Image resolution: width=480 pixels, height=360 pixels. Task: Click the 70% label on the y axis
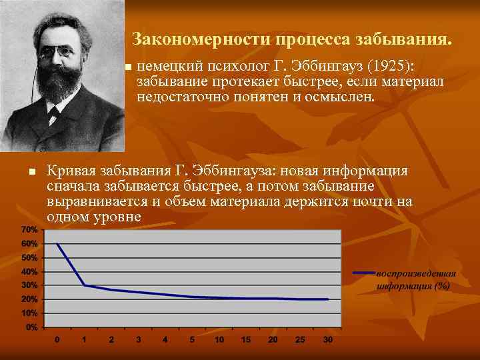coord(29,229)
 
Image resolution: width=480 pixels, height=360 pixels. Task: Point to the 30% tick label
coord(29,285)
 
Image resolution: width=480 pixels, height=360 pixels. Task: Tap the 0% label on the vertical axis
coord(31,328)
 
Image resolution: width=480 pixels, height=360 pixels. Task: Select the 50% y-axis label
coord(29,257)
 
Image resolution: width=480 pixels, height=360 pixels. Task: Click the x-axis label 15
coord(245,340)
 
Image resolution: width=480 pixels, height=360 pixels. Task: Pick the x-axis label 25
coord(299,340)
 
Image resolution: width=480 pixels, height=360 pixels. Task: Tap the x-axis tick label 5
coord(191,340)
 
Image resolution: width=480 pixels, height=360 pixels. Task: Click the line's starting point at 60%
coord(57,243)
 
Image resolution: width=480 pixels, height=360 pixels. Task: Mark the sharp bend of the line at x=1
coord(84,285)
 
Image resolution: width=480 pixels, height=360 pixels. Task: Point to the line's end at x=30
coord(327,299)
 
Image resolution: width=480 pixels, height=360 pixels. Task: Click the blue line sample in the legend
coord(363,273)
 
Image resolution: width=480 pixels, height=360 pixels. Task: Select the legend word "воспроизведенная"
coord(416,273)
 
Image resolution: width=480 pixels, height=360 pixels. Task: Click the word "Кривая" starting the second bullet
coord(69,171)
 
